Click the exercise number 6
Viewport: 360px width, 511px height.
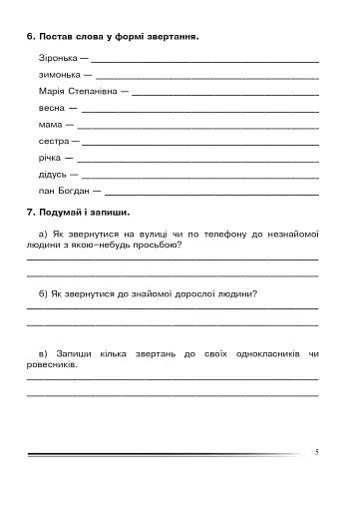(31, 37)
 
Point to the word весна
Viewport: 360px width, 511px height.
(52, 107)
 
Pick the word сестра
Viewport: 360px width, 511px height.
(54, 142)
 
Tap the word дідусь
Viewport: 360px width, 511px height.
(54, 174)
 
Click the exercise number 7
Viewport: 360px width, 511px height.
(31, 213)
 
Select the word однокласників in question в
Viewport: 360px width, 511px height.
(255, 353)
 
